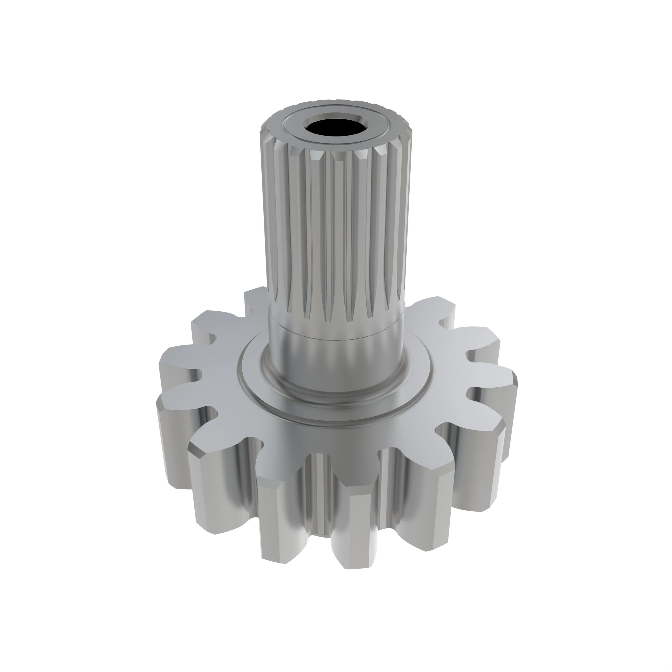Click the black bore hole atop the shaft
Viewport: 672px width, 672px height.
337,128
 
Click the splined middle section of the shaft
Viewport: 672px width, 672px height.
336,226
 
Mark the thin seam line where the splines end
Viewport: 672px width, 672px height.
336,336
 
